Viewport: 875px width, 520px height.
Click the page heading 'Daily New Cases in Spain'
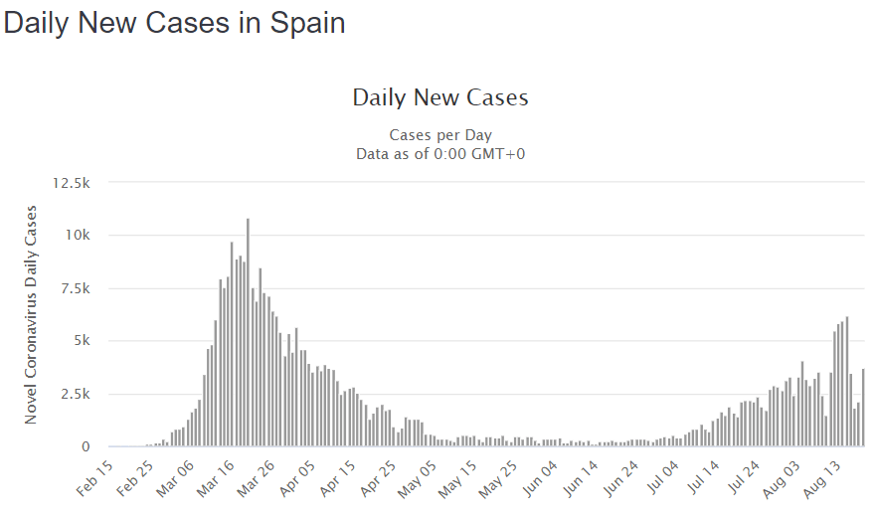tap(175, 23)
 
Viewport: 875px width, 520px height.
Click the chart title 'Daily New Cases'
tap(440, 97)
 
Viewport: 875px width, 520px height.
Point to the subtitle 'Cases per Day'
tap(440, 135)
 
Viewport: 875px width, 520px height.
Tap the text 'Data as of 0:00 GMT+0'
tap(440, 153)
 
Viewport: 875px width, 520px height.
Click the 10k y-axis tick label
tap(77, 236)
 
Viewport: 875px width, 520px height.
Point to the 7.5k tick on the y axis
tap(74, 288)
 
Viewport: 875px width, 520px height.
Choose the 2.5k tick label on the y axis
tap(74, 394)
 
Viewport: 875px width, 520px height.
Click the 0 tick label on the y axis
tap(86, 446)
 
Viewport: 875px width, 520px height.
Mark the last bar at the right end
tap(863, 408)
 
